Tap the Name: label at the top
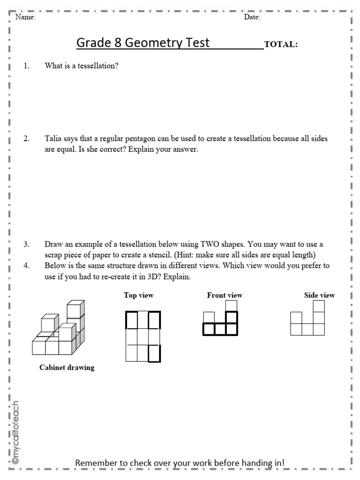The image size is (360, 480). pyautogui.click(x=26, y=18)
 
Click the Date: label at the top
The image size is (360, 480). pyautogui.click(x=253, y=18)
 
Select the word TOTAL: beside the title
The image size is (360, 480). pyautogui.click(x=281, y=45)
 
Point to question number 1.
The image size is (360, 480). pyautogui.click(x=26, y=66)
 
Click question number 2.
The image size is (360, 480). pyautogui.click(x=26, y=138)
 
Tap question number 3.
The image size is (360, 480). pyautogui.click(x=26, y=244)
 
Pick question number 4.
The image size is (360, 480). pyautogui.click(x=26, y=265)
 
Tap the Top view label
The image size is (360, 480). pyautogui.click(x=139, y=295)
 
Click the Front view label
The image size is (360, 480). pyautogui.click(x=225, y=295)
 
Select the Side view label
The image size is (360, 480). pyautogui.click(x=319, y=295)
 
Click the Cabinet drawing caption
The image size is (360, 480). pyautogui.click(x=67, y=368)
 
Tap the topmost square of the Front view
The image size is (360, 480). pyautogui.click(x=231, y=306)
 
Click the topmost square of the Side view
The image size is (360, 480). pyautogui.click(x=319, y=306)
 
